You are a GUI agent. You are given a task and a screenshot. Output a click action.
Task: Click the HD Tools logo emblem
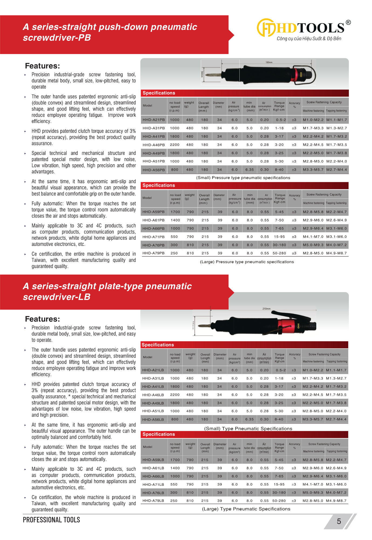(x=266, y=28)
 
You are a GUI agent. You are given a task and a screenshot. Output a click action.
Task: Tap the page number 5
(x=339, y=521)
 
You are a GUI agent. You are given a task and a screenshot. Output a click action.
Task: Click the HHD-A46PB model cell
(x=154, y=145)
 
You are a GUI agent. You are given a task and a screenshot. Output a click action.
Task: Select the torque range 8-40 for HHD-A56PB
(x=279, y=170)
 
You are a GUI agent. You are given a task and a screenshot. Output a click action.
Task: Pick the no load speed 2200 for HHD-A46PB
(x=175, y=145)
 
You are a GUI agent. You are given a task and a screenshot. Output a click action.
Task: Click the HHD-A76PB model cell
(x=153, y=245)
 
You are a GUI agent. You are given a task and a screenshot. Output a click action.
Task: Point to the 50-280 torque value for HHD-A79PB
(x=279, y=253)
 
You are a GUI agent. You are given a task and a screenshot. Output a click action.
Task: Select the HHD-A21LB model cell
(x=153, y=370)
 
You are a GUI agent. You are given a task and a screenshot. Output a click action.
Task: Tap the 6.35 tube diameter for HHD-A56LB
(x=250, y=419)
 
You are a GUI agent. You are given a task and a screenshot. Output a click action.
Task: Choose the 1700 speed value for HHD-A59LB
(x=175, y=460)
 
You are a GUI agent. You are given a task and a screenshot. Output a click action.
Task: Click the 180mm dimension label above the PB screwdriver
(x=269, y=62)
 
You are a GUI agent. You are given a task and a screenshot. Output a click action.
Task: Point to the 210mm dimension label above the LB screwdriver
(x=266, y=309)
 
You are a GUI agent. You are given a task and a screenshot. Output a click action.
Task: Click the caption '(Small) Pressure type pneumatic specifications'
(x=243, y=178)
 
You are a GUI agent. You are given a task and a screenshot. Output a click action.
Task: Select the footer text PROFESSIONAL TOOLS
(x=51, y=520)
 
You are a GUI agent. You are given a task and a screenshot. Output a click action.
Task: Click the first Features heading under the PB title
(x=42, y=66)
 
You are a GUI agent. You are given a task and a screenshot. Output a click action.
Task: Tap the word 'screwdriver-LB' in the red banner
(x=57, y=297)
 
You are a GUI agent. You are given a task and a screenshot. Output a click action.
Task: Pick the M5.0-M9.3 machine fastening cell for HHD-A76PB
(x=313, y=245)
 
